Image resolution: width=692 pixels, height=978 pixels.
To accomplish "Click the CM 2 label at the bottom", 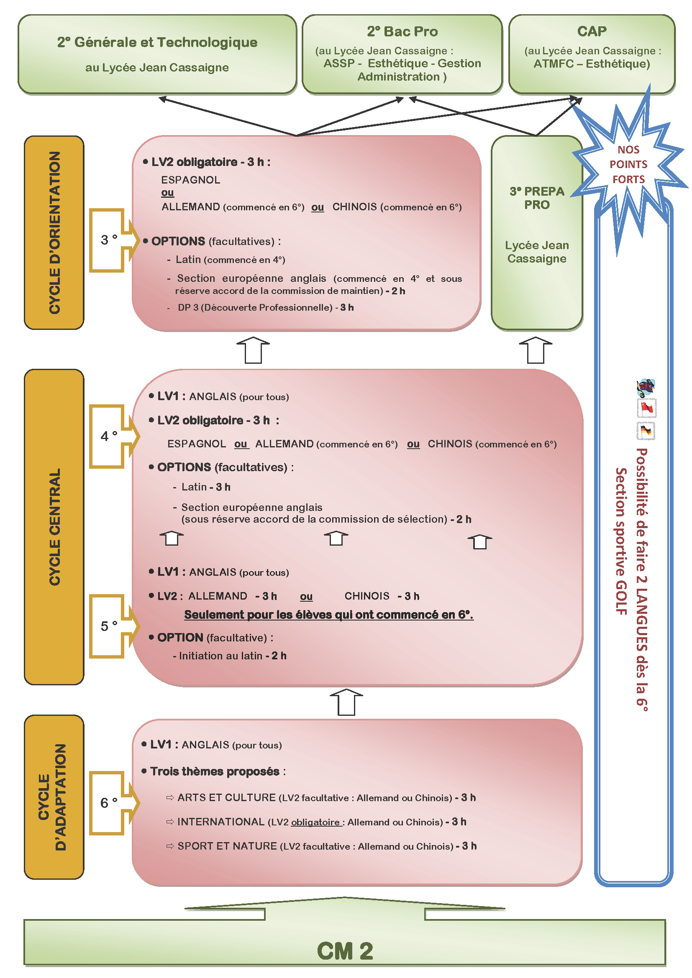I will pyautogui.click(x=345, y=951).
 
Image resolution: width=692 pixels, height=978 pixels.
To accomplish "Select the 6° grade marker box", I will pyautogui.click(x=108, y=803).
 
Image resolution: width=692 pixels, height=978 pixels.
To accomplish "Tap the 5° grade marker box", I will pyautogui.click(x=108, y=626).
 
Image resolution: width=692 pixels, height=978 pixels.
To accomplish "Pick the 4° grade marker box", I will pyautogui.click(x=108, y=436).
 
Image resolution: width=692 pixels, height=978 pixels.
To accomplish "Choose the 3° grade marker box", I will pyautogui.click(x=108, y=240).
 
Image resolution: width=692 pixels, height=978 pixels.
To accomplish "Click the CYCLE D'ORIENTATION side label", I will pyautogui.click(x=54, y=232).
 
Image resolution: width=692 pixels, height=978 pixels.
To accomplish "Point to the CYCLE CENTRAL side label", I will pyautogui.click(x=54, y=526).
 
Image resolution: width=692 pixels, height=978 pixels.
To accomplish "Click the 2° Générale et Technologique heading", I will pyautogui.click(x=157, y=42).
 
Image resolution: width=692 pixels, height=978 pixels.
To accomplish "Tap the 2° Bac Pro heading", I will pyautogui.click(x=402, y=31).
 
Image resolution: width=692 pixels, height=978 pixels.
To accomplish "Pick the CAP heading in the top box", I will pyautogui.click(x=592, y=31).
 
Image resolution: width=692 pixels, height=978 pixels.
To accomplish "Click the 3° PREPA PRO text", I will pyautogui.click(x=537, y=198).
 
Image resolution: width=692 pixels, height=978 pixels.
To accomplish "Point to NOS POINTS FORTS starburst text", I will pyautogui.click(x=628, y=164).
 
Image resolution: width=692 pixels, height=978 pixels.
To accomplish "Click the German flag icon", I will pyautogui.click(x=646, y=431).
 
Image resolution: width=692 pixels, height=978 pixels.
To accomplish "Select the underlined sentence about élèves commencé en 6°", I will pyautogui.click(x=328, y=615).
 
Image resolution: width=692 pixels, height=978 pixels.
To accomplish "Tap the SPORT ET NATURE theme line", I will pyautogui.click(x=326, y=846).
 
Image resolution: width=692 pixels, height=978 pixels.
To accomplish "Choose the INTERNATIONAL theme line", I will pyautogui.click(x=321, y=822).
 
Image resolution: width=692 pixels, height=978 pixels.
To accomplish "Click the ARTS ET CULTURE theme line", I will pyautogui.click(x=326, y=797).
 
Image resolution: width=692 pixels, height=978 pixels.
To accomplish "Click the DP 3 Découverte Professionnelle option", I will pyautogui.click(x=266, y=308).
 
